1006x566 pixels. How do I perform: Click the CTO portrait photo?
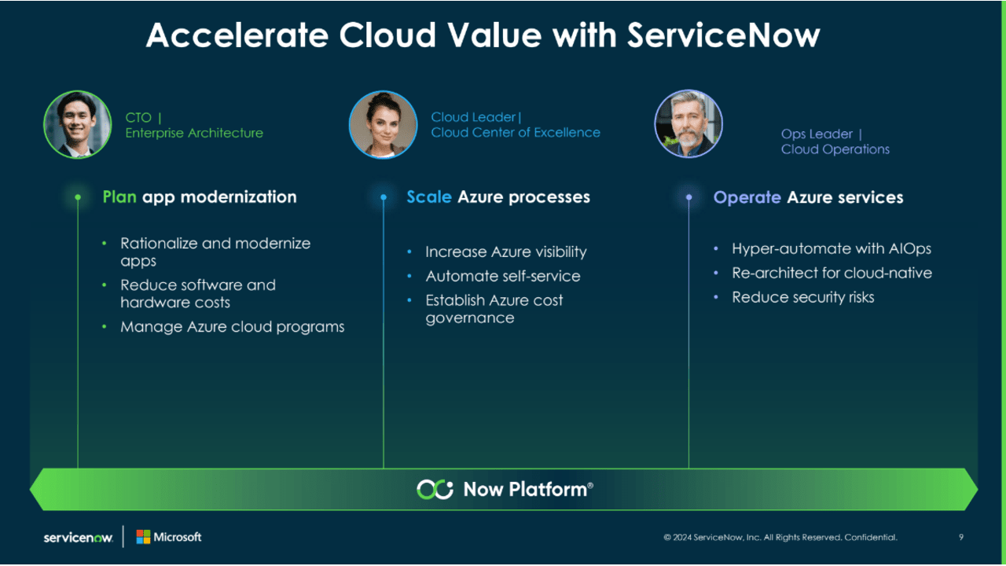click(77, 124)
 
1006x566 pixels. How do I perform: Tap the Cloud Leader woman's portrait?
click(383, 124)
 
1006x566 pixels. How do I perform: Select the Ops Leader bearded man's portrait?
click(688, 124)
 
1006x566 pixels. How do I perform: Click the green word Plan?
click(119, 197)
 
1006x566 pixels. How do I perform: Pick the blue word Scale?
click(428, 197)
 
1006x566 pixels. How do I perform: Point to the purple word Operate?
click(747, 197)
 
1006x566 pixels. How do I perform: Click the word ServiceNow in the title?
click(723, 35)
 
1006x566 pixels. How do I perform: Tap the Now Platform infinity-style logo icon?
click(435, 489)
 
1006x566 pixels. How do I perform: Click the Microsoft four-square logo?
click(143, 537)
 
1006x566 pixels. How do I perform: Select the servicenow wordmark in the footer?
click(78, 538)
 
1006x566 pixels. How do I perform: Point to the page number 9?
click(961, 538)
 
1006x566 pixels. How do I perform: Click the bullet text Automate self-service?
click(503, 276)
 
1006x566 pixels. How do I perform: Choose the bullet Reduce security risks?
click(802, 297)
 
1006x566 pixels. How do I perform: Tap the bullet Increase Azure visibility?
click(505, 252)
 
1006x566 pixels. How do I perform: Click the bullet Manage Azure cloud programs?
click(232, 326)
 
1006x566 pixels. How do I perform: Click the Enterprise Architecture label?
click(194, 133)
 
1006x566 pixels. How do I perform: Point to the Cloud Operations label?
click(835, 149)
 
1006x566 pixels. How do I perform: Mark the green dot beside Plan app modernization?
click(78, 197)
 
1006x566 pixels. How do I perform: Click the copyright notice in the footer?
click(780, 538)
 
